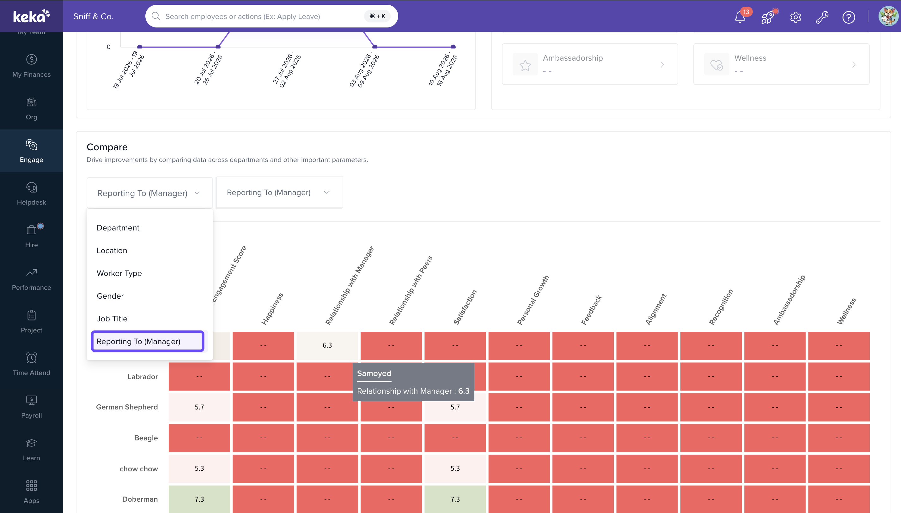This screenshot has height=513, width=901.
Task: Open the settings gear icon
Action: [795, 17]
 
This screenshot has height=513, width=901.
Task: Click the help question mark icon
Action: [849, 17]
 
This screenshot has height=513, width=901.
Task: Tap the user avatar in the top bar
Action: [888, 16]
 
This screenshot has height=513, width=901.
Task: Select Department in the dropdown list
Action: [118, 228]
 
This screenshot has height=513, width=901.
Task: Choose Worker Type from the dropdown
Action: [119, 273]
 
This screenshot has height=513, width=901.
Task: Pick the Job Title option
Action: [112, 319]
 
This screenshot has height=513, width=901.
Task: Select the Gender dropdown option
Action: [110, 296]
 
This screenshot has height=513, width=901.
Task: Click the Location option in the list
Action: [112, 251]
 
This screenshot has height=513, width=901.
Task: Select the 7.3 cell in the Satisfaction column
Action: [455, 499]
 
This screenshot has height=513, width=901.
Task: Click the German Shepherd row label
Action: [127, 407]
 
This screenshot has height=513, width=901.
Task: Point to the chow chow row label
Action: [139, 468]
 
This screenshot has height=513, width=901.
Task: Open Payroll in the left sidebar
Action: [31, 407]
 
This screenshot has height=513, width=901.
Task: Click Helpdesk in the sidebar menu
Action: [31, 194]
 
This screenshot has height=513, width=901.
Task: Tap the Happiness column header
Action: [272, 309]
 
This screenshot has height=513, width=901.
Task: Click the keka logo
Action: [31, 16]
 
